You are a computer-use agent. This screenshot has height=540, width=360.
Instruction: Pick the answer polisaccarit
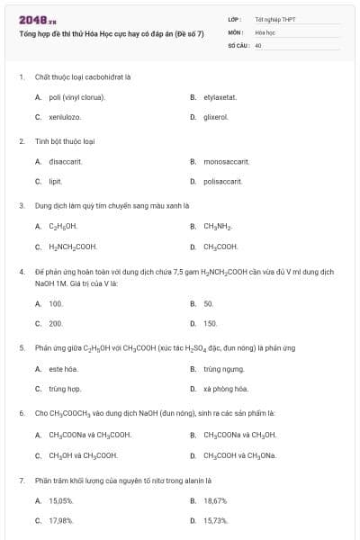pyautogui.click(x=222, y=181)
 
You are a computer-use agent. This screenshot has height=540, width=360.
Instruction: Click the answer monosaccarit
pyautogui.click(x=225, y=161)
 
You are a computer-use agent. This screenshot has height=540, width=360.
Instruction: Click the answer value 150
pyautogui.click(x=210, y=323)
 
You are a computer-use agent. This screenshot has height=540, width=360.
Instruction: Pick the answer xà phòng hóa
pyautogui.click(x=225, y=389)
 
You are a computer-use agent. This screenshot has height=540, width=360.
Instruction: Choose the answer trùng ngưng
pyautogui.click(x=223, y=369)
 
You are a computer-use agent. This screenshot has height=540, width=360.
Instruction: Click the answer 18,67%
pyautogui.click(x=215, y=500)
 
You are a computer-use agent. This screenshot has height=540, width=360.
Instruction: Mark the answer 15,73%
pyautogui.click(x=215, y=520)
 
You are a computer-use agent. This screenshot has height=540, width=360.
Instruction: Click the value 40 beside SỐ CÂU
pyautogui.click(x=258, y=44)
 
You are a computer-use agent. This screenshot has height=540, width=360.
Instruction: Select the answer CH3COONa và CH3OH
pyautogui.click(x=239, y=435)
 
